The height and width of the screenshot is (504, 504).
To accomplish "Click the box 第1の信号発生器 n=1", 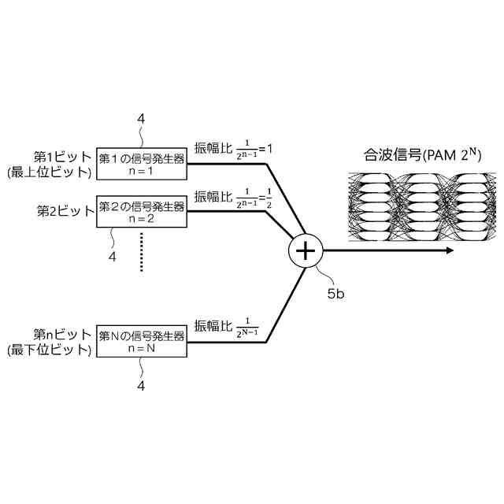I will [x=142, y=163].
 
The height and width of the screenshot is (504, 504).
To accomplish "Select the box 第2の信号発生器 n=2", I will [x=142, y=213].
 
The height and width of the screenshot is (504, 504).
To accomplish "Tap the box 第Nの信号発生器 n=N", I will [x=142, y=342].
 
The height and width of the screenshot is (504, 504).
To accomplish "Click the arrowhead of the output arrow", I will [x=449, y=250].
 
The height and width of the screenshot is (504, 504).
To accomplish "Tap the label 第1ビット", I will [x=63, y=157].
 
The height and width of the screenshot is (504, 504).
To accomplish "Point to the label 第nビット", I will [x=63, y=335].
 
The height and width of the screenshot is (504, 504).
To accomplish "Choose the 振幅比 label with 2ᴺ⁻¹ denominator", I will [x=228, y=326].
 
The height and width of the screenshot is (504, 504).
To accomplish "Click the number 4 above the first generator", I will [x=141, y=119].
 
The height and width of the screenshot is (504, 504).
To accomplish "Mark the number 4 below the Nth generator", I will [x=141, y=387].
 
